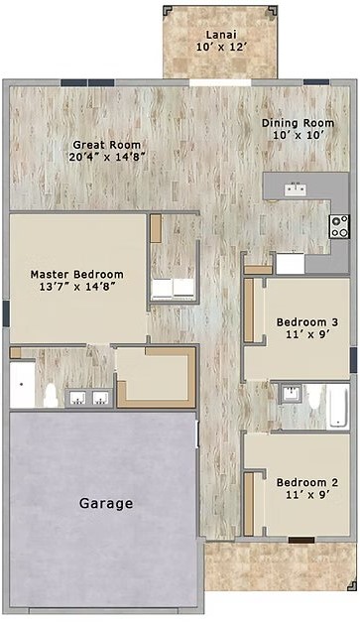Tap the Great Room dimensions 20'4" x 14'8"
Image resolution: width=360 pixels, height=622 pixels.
pyautogui.click(x=106, y=157)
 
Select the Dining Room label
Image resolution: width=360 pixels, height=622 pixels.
pyautogui.click(x=298, y=123)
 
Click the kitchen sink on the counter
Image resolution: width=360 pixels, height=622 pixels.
pyautogui.click(x=296, y=189)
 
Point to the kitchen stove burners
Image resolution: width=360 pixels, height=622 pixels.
pyautogui.click(x=339, y=226)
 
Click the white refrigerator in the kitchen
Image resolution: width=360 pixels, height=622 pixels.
pyautogui.click(x=291, y=264)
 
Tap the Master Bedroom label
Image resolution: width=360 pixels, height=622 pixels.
pyautogui.click(x=77, y=274)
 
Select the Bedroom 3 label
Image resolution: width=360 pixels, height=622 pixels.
pyautogui.click(x=307, y=322)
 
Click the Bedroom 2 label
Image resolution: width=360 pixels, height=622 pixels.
pyautogui.click(x=307, y=483)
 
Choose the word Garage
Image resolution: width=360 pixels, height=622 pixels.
pyautogui.click(x=106, y=503)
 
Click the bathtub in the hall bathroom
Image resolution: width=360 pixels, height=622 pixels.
pyautogui.click(x=338, y=407)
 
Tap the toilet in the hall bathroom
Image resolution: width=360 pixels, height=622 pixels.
pyautogui.click(x=315, y=398)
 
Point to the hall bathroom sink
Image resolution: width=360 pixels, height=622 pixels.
pyautogui.click(x=292, y=394)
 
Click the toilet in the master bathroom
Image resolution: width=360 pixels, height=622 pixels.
pyautogui.click(x=51, y=396)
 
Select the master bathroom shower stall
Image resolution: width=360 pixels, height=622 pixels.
pyautogui.click(x=22, y=384)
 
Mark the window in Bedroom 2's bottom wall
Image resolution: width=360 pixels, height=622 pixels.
pyautogui.click(x=301, y=540)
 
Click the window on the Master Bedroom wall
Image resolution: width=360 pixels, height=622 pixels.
pyautogui.click(x=6, y=313)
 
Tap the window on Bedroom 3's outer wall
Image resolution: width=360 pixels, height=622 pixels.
pyautogui.click(x=353, y=360)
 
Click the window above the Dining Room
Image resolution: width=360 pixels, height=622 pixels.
pyautogui.click(x=316, y=82)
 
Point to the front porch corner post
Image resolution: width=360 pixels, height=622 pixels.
pyautogui.click(x=352, y=586)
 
